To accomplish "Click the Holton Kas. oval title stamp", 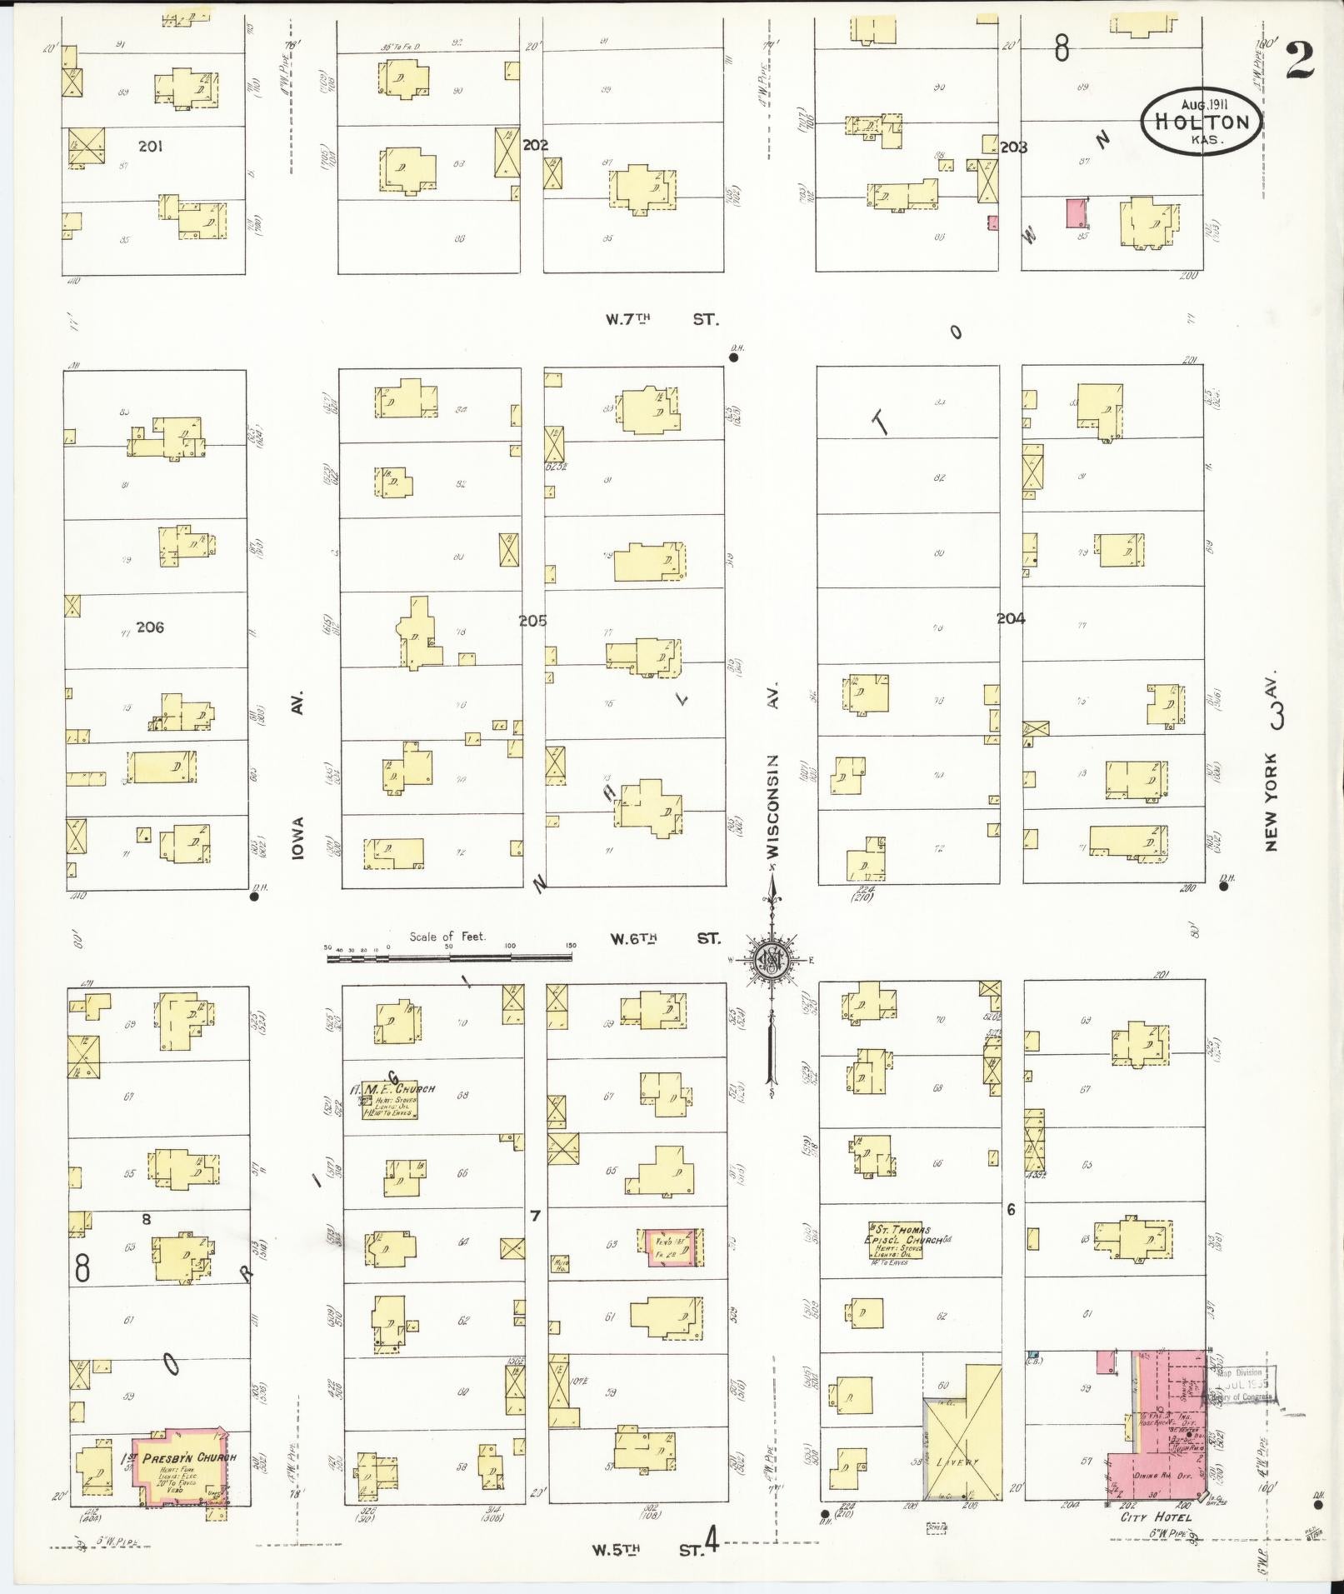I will coord(1200,121).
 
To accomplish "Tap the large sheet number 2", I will coord(1299,60).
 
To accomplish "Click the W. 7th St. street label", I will coord(663,319).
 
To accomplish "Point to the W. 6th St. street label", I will coord(665,939).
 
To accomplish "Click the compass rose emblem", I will coord(772,962).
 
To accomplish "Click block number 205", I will coord(533,621).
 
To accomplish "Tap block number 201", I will coord(150,147).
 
